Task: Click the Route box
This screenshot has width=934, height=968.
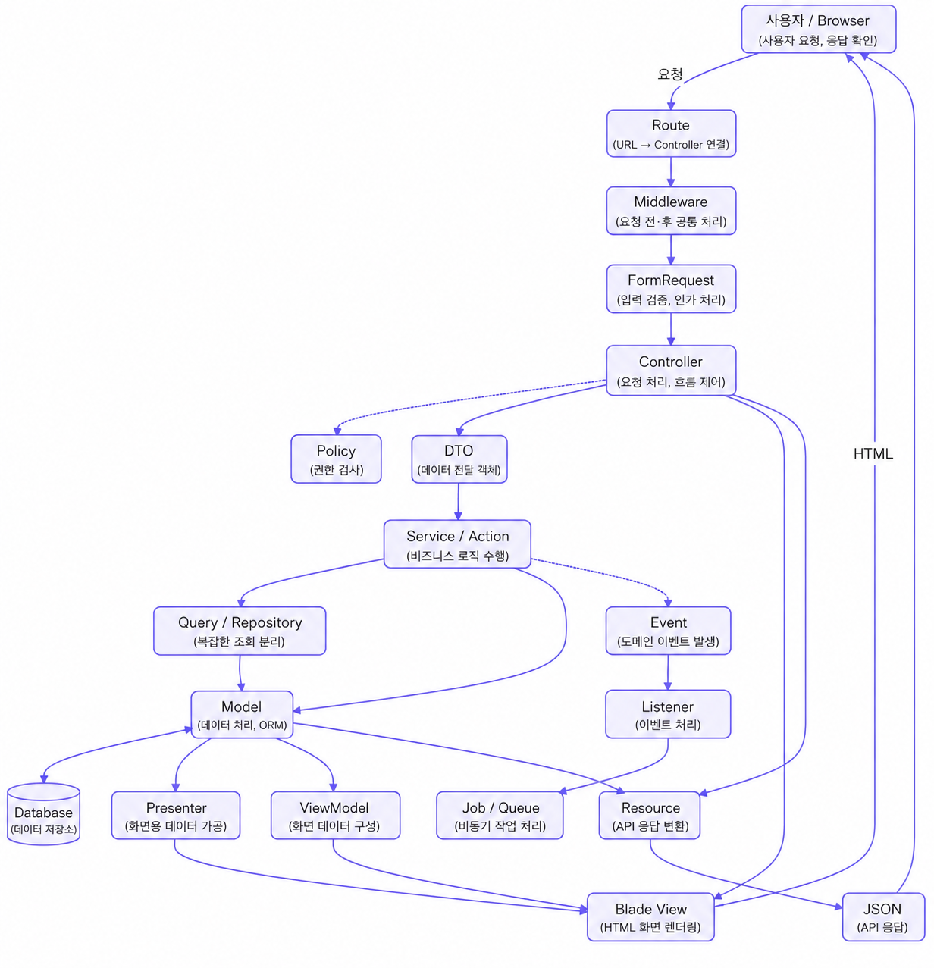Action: click(671, 133)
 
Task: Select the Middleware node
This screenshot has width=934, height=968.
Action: click(671, 211)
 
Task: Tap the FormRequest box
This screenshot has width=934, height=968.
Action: click(671, 289)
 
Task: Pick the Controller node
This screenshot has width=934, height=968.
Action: click(671, 371)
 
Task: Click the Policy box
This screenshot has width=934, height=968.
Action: click(336, 459)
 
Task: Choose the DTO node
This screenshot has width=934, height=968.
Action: click(459, 459)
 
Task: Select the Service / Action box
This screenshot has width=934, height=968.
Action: click(457, 544)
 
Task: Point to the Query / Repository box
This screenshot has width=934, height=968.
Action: click(240, 630)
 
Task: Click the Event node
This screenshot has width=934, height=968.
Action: click(669, 630)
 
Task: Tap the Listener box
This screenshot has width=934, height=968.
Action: click(668, 714)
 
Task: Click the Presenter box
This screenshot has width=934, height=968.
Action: click(176, 816)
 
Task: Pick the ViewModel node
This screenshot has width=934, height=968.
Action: click(335, 816)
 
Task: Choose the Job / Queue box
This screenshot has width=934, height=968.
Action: click(500, 816)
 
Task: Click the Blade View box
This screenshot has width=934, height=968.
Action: click(650, 916)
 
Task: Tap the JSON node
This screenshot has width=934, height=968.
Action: click(883, 916)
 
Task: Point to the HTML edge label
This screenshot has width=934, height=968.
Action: click(873, 453)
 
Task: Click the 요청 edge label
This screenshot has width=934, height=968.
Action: click(669, 74)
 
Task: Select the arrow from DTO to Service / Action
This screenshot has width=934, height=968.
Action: click(459, 501)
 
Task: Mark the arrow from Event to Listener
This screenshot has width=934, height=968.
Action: click(668, 672)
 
